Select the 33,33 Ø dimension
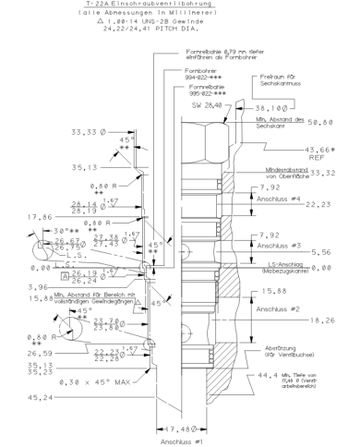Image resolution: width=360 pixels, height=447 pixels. (89, 131)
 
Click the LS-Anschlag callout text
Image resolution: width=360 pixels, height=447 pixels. (283, 266)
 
